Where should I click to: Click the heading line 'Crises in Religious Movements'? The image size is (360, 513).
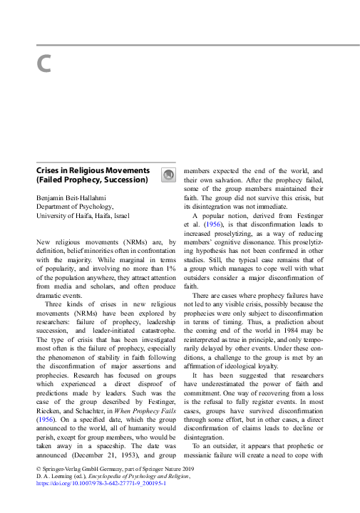[x=93, y=171]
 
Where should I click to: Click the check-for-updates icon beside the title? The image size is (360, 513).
[x=167, y=175]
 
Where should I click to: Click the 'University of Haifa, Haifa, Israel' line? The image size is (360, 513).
[x=83, y=215]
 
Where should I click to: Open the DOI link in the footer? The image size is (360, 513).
[x=101, y=482]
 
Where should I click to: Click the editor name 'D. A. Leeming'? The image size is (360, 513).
[x=54, y=475]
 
